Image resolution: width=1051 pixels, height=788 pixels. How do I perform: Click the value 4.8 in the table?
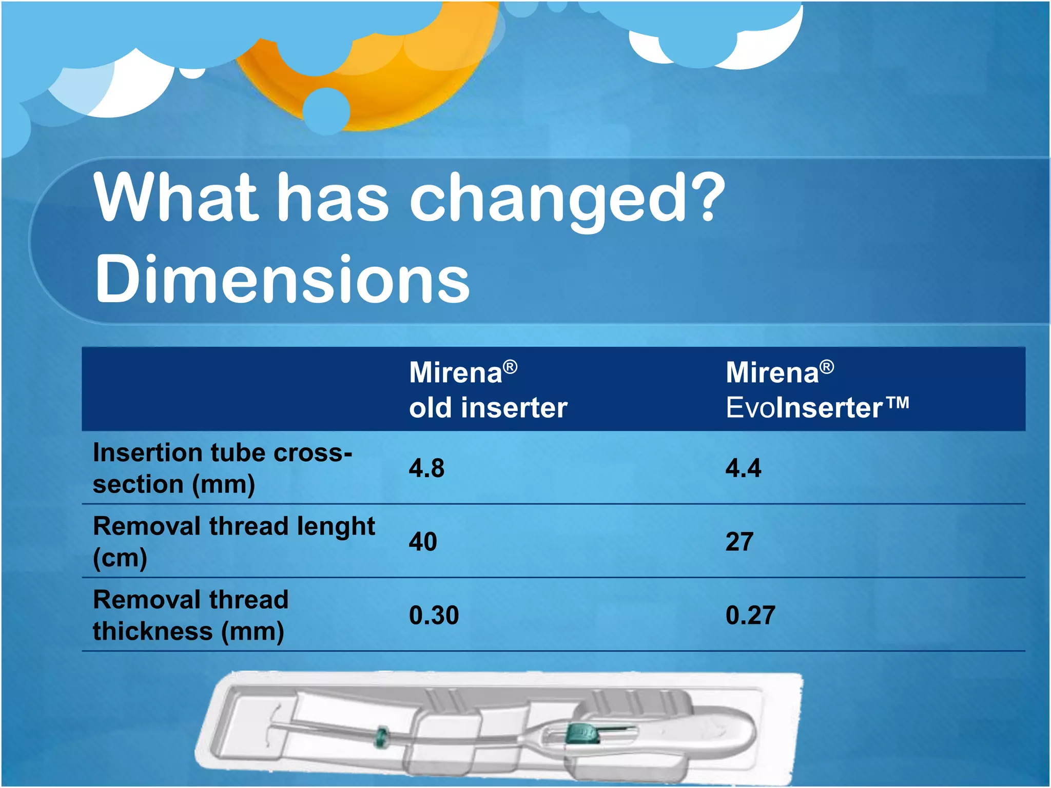(x=426, y=468)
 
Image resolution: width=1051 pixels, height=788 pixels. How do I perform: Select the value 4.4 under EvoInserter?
(x=743, y=468)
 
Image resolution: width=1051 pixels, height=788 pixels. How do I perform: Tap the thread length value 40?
(x=423, y=542)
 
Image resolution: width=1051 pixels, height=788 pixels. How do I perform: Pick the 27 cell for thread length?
(x=739, y=542)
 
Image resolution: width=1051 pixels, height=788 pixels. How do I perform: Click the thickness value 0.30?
(x=434, y=615)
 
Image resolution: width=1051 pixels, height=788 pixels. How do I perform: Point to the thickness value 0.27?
(x=750, y=615)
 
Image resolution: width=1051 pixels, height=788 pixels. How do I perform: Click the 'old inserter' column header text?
(x=488, y=408)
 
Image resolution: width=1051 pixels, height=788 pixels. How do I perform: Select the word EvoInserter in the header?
(x=804, y=408)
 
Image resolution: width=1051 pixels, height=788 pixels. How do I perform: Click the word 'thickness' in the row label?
(x=152, y=631)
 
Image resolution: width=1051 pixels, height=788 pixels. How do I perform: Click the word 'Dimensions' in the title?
(x=282, y=280)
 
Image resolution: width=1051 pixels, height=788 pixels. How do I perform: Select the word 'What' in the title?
(x=175, y=198)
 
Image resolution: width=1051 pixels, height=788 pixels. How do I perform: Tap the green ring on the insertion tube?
(x=381, y=737)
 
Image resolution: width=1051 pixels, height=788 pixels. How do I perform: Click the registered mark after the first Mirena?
(x=510, y=367)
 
